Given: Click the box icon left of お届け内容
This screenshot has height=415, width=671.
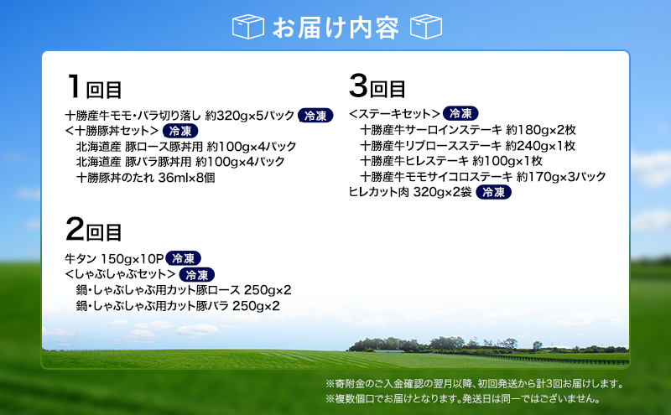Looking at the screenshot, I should (249, 26).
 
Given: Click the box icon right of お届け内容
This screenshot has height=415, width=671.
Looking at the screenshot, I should (425, 26).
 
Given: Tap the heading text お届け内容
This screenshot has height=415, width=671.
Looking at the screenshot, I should (335, 27).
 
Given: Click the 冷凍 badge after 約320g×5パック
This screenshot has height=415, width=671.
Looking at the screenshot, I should (316, 116).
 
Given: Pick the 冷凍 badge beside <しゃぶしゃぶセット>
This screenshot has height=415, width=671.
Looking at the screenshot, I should (199, 275).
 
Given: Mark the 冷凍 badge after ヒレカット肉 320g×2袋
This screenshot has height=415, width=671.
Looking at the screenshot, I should (494, 192).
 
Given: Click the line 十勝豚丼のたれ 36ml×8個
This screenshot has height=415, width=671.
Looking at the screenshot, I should (145, 177).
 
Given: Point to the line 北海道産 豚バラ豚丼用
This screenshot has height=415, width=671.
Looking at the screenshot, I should (180, 162).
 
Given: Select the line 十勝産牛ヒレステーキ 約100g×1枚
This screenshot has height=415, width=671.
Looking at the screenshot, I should (451, 161).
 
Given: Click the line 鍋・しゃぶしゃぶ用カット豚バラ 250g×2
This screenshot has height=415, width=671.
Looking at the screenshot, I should (178, 306).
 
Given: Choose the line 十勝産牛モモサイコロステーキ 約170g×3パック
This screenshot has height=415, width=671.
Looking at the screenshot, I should (483, 176).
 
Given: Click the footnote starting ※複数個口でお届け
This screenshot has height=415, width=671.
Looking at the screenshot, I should (462, 400).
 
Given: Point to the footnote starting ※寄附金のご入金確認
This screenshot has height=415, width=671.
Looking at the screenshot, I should (475, 384).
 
